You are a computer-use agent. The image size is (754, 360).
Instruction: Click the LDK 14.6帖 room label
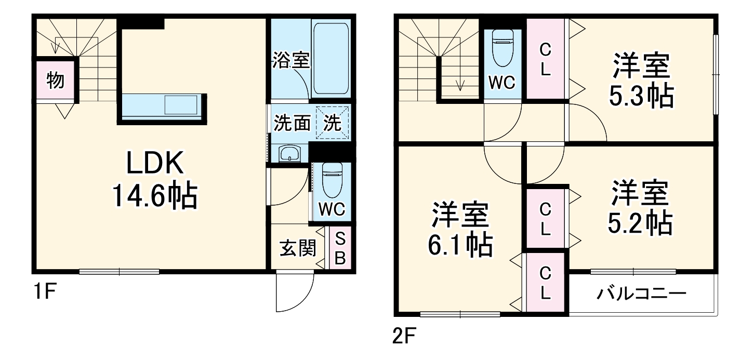tap(154, 180)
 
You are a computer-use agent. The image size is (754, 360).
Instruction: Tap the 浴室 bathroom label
tap(291, 61)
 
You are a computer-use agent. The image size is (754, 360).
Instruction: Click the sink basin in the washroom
tap(289, 154)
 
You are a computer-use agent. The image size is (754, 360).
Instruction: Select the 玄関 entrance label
tap(298, 248)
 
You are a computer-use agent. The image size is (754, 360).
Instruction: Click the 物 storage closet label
tap(55, 81)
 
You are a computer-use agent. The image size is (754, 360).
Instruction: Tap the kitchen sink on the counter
tap(181, 106)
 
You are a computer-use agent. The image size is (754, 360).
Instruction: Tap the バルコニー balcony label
tap(641, 294)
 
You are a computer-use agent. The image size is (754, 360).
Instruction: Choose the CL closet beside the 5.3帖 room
tap(545, 59)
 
